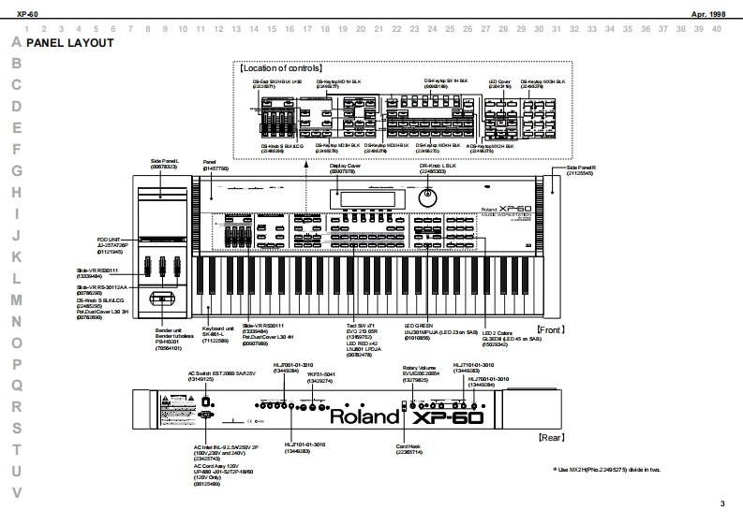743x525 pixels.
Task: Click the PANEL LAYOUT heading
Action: click(70, 43)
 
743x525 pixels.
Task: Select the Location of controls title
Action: click(280, 68)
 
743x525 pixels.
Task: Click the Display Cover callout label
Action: click(342, 166)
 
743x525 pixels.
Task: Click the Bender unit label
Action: click(169, 330)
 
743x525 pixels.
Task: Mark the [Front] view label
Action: click(550, 329)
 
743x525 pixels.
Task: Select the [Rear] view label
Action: click(551, 437)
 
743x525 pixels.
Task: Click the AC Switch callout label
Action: click(207, 373)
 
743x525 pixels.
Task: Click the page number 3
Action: click(721, 504)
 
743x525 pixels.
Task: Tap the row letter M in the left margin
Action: click(16, 299)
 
